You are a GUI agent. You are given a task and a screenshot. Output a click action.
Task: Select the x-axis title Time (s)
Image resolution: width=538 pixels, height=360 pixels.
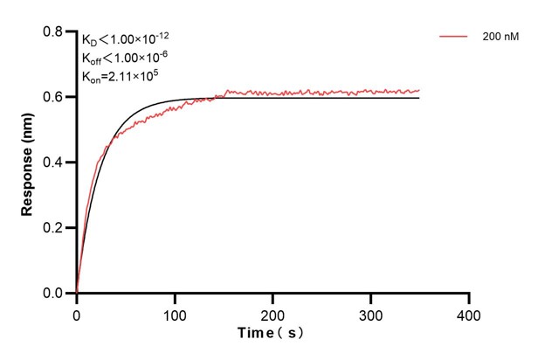pyautogui.click(x=272, y=333)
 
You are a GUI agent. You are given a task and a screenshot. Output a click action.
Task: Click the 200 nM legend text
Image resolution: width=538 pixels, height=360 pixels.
pyautogui.click(x=500, y=37)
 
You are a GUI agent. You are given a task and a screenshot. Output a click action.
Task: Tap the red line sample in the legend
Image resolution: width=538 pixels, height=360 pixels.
pyautogui.click(x=454, y=37)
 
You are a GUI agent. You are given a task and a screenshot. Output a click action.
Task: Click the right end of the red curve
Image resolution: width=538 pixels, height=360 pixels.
pyautogui.click(x=419, y=90)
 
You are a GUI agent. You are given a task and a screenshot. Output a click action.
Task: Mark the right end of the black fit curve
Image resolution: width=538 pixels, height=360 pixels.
pyautogui.click(x=419, y=98)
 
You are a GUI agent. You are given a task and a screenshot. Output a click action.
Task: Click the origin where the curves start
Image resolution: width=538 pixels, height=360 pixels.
pyautogui.click(x=77, y=293)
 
